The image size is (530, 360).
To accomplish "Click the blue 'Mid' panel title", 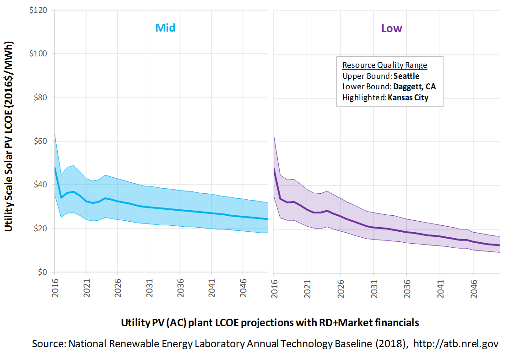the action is pyautogui.click(x=165, y=28).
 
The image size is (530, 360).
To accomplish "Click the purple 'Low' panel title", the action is pyautogui.click(x=392, y=28).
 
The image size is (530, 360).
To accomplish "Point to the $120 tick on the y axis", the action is pyautogui.click(x=38, y=10).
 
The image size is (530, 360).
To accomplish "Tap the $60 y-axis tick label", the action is pyautogui.click(x=41, y=141).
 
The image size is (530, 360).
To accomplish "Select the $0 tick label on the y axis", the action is pyautogui.click(x=43, y=272).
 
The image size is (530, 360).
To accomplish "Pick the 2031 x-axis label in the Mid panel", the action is pyautogui.click(x=149, y=288).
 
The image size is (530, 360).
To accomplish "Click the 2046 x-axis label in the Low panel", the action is pyautogui.click(x=474, y=289).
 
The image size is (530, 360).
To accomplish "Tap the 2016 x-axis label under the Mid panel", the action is pyautogui.click(x=55, y=288).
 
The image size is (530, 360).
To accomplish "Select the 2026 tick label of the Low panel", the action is pyautogui.click(x=341, y=289).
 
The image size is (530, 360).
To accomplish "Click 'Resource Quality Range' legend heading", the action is pyautogui.click(x=384, y=65).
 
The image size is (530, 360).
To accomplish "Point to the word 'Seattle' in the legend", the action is pyautogui.click(x=406, y=76).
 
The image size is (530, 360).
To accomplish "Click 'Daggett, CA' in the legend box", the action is pyautogui.click(x=414, y=87).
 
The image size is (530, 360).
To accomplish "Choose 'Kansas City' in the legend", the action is pyautogui.click(x=408, y=98).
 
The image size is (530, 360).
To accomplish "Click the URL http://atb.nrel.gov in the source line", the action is pyautogui.click(x=456, y=344).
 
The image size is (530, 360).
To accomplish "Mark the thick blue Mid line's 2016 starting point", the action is pyautogui.click(x=55, y=168).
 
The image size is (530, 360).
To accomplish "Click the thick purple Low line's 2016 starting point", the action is pyautogui.click(x=274, y=168).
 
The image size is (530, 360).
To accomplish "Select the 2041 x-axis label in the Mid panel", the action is pyautogui.click(x=211, y=288).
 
